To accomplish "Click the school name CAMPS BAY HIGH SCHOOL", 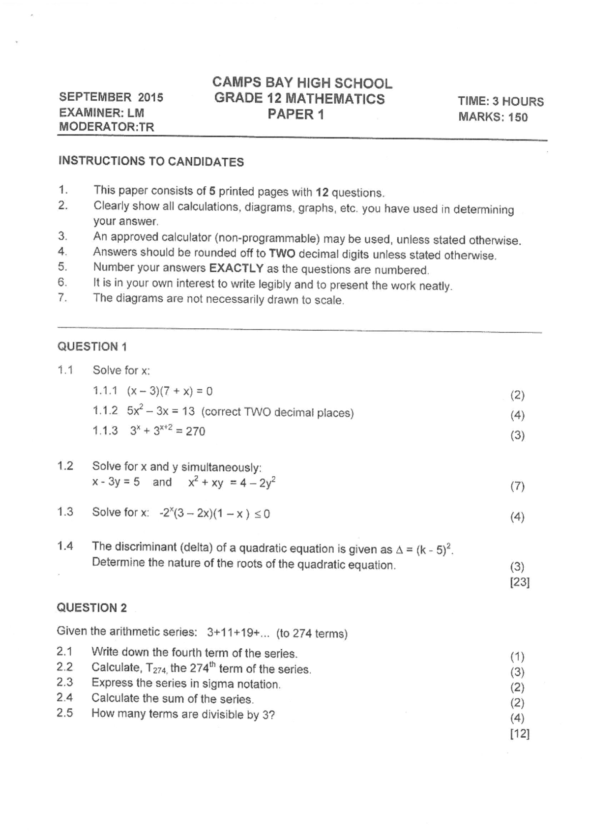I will [302, 83].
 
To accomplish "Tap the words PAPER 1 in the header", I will [296, 115].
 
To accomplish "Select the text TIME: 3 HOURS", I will [501, 102].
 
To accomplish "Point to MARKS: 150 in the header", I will [493, 117].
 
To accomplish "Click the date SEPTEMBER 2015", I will [111, 97].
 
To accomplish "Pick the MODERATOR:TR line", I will [106, 127].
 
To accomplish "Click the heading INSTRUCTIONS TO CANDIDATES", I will [151, 161].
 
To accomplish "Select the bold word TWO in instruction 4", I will [282, 254].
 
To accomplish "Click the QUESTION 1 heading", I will [92, 346].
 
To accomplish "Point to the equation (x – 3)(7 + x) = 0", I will [170, 391].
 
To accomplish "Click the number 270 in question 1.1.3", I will [195, 431].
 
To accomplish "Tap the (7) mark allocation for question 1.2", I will [517, 487].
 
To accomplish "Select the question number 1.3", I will [65, 512].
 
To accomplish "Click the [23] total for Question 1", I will [520, 582].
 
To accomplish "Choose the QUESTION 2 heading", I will [92, 608].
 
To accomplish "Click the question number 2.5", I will [64, 713].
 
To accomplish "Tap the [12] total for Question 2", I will [520, 734].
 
